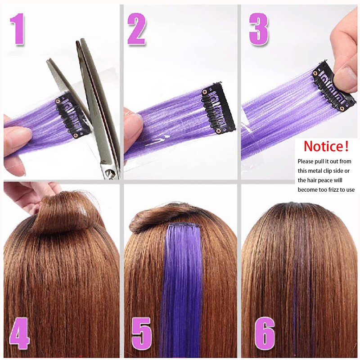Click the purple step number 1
[x=19, y=29]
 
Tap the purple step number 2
[x=136, y=29]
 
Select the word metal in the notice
[x=315, y=171]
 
